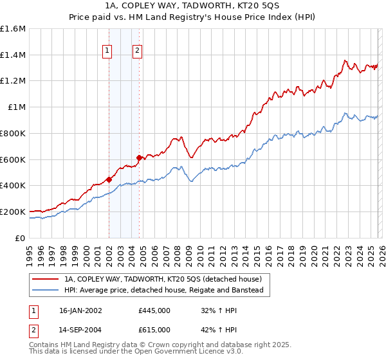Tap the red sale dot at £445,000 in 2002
point(109,179)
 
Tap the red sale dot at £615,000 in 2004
point(139,157)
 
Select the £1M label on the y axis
point(16,107)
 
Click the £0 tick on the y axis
point(21,238)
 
